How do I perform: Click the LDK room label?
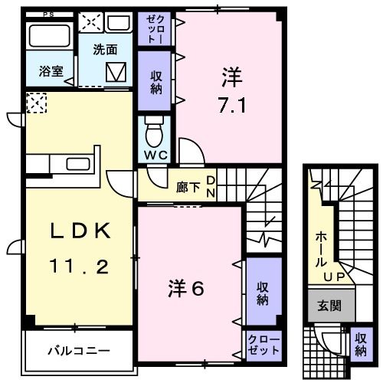(82, 231)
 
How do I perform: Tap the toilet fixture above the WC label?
(153, 131)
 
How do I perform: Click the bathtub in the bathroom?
(50, 36)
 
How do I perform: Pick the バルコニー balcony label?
(79, 352)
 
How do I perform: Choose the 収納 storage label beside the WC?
(155, 83)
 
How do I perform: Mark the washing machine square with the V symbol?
(118, 74)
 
